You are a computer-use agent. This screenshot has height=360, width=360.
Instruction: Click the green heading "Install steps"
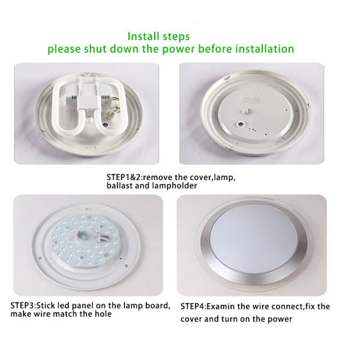pos(158,36)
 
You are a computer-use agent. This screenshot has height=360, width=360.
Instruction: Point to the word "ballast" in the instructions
pos(119,185)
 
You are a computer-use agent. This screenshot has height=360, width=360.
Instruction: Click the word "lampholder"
pos(175,186)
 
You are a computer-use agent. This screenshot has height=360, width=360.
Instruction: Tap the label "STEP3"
pos(22,305)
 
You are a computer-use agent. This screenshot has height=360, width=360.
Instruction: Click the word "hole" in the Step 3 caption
pos(104,314)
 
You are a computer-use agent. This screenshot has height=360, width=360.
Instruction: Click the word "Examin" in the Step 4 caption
pos(221,306)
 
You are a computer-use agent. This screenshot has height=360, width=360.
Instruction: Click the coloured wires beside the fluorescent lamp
pos(113,109)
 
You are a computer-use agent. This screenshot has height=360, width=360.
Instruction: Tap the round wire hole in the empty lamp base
pos(241,124)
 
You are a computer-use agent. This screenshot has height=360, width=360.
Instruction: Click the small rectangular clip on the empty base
pos(245,112)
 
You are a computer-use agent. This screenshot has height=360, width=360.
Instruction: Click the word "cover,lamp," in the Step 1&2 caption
pos(212,178)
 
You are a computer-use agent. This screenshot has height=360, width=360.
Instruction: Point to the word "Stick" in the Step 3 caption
pos(46,305)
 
